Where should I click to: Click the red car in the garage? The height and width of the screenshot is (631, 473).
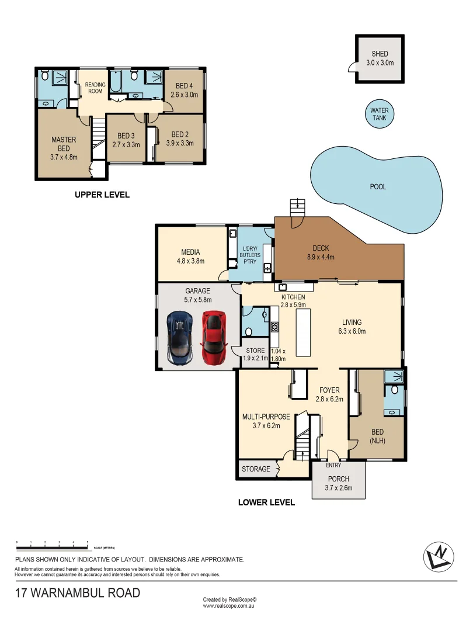[x=214, y=337]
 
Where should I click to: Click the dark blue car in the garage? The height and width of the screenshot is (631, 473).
[x=179, y=338]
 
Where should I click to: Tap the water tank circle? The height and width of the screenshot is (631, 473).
[x=380, y=114]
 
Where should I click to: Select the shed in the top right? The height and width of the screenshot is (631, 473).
[x=380, y=58]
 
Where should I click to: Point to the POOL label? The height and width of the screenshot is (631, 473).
[x=378, y=187]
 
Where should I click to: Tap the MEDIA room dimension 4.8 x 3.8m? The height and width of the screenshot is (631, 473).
[x=192, y=261]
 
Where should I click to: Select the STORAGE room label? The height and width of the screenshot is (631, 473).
[x=256, y=469]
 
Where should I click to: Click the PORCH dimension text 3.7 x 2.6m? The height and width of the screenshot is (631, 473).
[x=339, y=488]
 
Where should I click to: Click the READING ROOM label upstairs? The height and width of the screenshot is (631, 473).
[x=95, y=88]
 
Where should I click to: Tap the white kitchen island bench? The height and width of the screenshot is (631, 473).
[x=304, y=333]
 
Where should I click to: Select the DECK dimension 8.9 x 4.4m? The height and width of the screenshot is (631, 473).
[x=321, y=256]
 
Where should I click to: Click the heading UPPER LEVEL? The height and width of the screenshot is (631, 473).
[x=102, y=195]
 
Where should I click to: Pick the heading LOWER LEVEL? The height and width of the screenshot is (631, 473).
[x=266, y=502]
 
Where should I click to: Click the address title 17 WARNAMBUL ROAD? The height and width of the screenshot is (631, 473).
[x=78, y=593]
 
